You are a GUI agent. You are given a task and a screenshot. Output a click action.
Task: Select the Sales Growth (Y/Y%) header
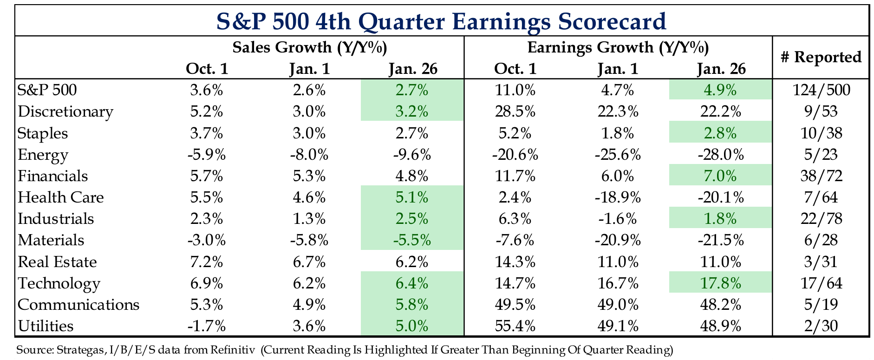(310, 47)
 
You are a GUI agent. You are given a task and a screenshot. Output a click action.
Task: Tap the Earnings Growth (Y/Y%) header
(618, 47)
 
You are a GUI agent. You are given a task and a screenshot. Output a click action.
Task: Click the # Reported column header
(821, 57)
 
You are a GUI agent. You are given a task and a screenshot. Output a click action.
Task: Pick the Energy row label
(43, 155)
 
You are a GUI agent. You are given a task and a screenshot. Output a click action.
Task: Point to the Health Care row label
(60, 197)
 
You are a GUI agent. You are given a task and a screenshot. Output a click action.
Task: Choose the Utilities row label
(46, 326)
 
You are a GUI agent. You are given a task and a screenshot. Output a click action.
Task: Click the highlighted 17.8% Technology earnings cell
(721, 283)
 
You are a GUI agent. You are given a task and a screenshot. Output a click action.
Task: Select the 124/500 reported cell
(821, 90)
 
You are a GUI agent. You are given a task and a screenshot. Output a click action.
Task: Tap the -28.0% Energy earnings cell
(721, 155)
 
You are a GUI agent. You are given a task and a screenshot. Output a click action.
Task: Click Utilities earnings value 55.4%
(515, 326)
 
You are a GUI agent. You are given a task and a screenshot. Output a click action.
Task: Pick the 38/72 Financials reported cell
(821, 176)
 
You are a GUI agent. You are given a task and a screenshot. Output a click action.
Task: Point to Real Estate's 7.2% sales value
(207, 262)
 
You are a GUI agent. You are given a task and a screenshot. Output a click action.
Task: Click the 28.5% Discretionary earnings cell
(515, 112)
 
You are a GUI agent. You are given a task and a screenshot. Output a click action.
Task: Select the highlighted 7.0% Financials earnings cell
(721, 176)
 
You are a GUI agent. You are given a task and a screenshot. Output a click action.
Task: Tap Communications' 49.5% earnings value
(515, 305)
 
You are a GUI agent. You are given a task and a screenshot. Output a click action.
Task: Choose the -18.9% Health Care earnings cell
(618, 197)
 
